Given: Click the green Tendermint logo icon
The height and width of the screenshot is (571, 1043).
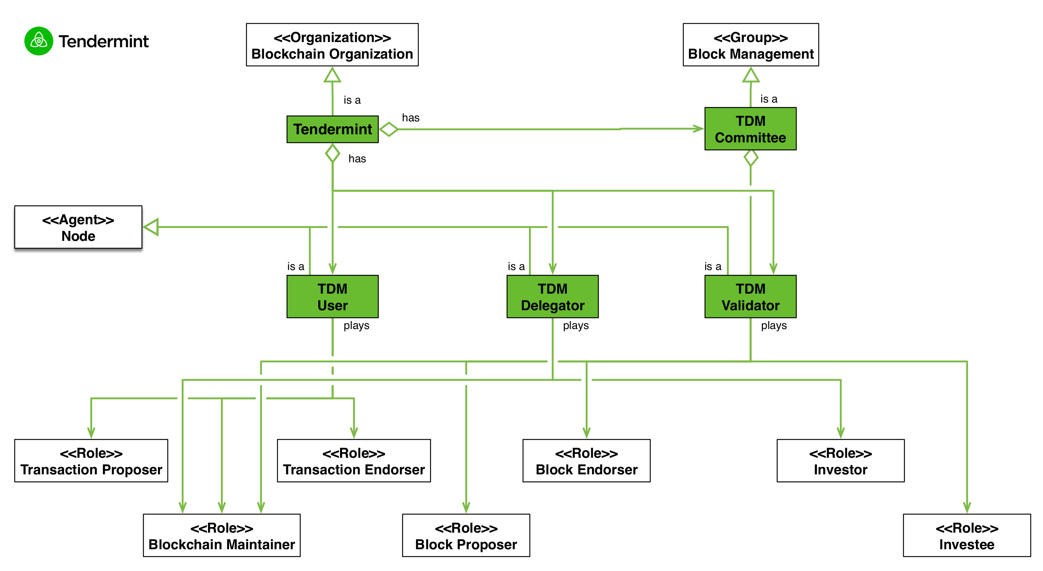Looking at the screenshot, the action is tap(38, 41).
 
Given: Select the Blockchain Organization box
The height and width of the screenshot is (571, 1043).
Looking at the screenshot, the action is tap(332, 45).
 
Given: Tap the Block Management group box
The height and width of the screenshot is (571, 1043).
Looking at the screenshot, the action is tap(750, 45).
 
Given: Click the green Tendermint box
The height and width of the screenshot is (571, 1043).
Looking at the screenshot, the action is tap(332, 129).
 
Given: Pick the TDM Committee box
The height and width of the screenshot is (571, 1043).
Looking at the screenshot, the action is tap(750, 129).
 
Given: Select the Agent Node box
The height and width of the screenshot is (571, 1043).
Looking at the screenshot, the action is tap(78, 227).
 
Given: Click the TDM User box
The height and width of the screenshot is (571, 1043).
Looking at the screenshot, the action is tap(332, 297).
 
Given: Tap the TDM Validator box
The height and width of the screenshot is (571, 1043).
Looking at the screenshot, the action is tap(750, 297).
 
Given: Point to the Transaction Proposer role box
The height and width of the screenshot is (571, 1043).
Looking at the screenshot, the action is tap(91, 460).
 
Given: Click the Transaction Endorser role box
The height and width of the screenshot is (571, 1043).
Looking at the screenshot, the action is tap(354, 460).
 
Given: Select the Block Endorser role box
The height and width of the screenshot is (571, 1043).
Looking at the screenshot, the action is tap(586, 460).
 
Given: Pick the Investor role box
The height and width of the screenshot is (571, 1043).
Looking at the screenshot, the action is tap(841, 460).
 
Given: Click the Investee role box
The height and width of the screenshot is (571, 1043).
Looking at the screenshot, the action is tap(967, 535).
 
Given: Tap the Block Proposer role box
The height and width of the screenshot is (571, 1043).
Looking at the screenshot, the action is tap(466, 535).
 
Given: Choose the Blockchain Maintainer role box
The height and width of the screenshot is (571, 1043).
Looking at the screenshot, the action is tap(222, 535).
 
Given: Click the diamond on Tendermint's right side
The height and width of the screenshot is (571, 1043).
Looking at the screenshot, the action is tap(389, 129).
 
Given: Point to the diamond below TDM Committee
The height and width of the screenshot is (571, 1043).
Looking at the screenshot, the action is tap(751, 158).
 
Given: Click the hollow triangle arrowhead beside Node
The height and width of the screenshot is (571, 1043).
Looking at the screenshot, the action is tap(151, 227).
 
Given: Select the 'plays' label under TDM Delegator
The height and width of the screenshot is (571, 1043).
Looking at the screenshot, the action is tap(576, 326).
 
